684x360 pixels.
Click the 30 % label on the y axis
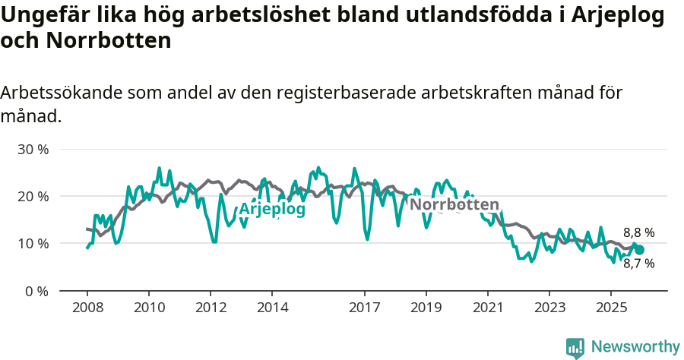pyautogui.click(x=33, y=149)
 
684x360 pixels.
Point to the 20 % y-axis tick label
pyautogui.click(x=33, y=196)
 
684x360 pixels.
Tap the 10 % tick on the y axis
pyautogui.click(x=33, y=244)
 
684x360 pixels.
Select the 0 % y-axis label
pyautogui.click(x=36, y=291)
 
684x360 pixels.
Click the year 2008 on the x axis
pyautogui.click(x=87, y=308)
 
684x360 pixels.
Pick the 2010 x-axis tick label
pyautogui.click(x=149, y=308)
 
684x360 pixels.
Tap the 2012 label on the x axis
pyautogui.click(x=211, y=308)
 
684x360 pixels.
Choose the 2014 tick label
pyautogui.click(x=272, y=308)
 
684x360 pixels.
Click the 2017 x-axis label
pyautogui.click(x=364, y=308)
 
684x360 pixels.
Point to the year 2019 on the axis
pyautogui.click(x=426, y=308)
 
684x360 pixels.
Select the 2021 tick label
pyautogui.click(x=487, y=308)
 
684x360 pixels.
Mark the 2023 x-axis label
pyautogui.click(x=549, y=308)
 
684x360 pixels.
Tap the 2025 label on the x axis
pyautogui.click(x=610, y=308)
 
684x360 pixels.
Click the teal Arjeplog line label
pyautogui.click(x=272, y=209)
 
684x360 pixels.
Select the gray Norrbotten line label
pyautogui.click(x=454, y=204)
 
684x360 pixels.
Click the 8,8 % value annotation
pyautogui.click(x=638, y=233)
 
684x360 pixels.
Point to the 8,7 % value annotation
pyautogui.click(x=638, y=264)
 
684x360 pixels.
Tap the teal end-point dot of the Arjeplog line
pyautogui.click(x=639, y=250)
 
